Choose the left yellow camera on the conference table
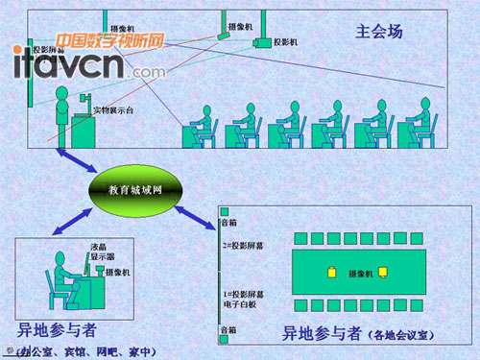click(x=332, y=274)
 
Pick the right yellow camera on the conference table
click(x=382, y=275)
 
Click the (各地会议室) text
click(x=402, y=336)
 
